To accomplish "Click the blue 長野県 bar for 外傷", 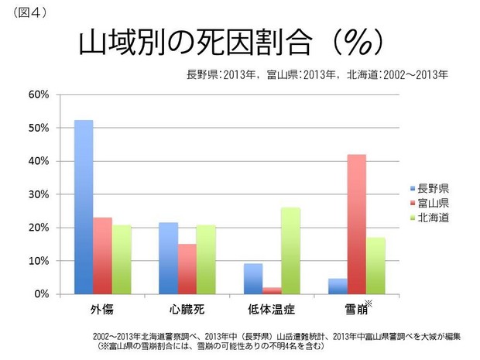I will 84,207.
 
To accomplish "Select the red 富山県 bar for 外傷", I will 102,256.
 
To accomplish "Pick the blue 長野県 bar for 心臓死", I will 168,259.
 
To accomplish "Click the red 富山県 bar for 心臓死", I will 187,269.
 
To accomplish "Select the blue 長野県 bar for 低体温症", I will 252,279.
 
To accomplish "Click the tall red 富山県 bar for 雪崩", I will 356,225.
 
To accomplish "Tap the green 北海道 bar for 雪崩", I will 375,266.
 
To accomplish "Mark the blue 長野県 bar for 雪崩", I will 338,286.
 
